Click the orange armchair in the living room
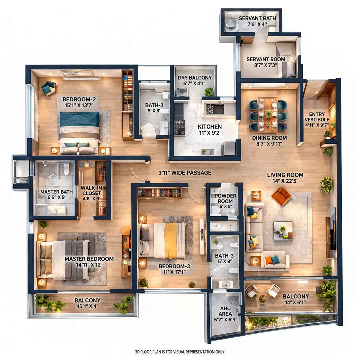click(x=281, y=196)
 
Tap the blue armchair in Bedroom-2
click(x=48, y=88)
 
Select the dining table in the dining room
click(x=268, y=115)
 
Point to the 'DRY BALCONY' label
click(x=195, y=78)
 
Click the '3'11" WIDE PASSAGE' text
click(x=184, y=173)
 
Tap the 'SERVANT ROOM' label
click(x=266, y=59)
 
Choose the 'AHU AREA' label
click(x=225, y=311)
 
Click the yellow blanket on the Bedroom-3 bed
click(x=170, y=240)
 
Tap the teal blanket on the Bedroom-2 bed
click(x=79, y=119)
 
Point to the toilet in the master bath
click(x=66, y=169)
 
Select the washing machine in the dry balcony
click(x=181, y=92)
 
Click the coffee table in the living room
click(x=283, y=229)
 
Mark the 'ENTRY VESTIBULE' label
click(x=316, y=117)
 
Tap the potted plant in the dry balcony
click(x=208, y=91)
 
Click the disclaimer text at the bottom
click(x=180, y=352)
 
